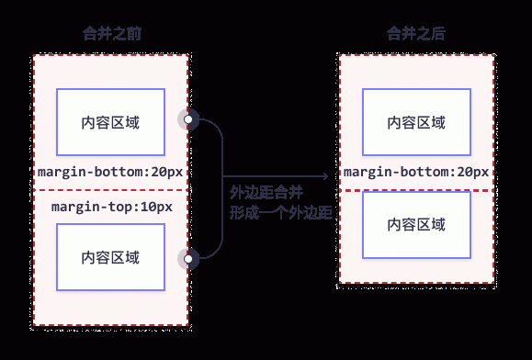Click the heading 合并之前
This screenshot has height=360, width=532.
point(111,34)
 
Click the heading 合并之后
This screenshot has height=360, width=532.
point(417,34)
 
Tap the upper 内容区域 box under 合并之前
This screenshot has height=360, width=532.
point(111,122)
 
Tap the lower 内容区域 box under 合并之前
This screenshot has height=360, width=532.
point(111,258)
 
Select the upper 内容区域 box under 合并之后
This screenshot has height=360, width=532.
point(417,122)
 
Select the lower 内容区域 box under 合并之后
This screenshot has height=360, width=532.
point(417,224)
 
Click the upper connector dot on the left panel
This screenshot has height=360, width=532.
point(190,121)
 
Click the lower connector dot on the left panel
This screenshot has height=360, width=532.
point(190,258)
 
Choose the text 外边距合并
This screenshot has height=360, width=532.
point(266,194)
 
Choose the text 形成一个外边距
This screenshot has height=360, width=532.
point(280,213)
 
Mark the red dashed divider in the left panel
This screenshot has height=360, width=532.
point(111,189)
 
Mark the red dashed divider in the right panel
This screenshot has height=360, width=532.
point(417,190)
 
